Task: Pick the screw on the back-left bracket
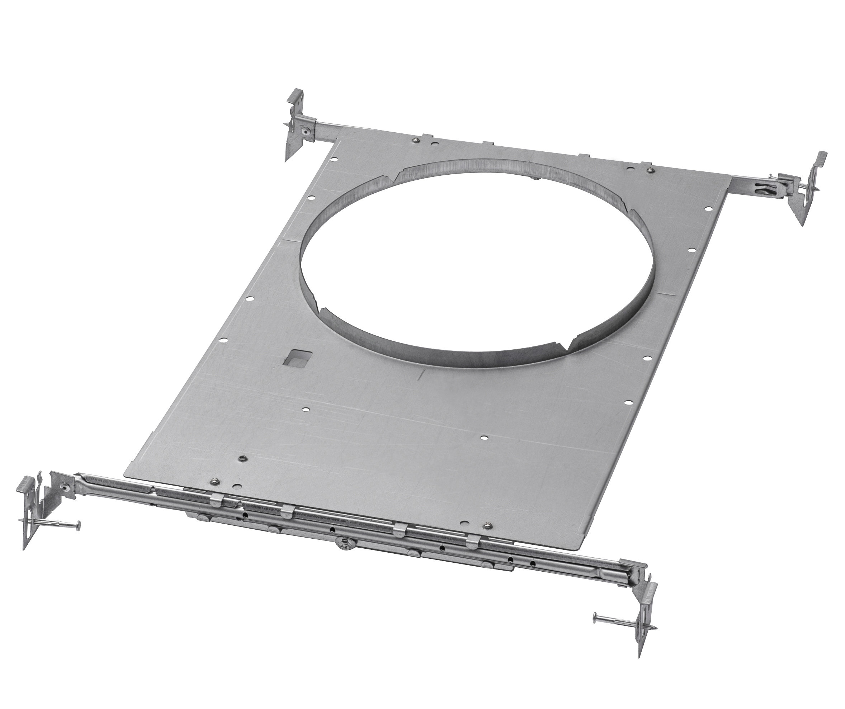[307, 131]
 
